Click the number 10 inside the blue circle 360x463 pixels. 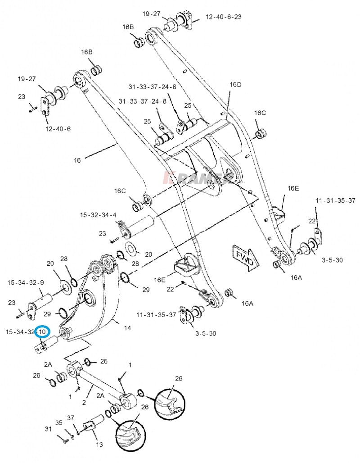click(42, 332)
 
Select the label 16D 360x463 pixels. click(235, 85)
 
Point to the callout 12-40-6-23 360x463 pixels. click(224, 17)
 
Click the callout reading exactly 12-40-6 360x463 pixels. click(58, 129)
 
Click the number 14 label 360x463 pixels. click(127, 328)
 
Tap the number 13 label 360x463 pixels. click(99, 445)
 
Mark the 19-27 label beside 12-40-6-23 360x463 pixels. click(152, 14)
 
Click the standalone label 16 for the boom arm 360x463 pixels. click(77, 160)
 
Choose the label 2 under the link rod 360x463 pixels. click(84, 402)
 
